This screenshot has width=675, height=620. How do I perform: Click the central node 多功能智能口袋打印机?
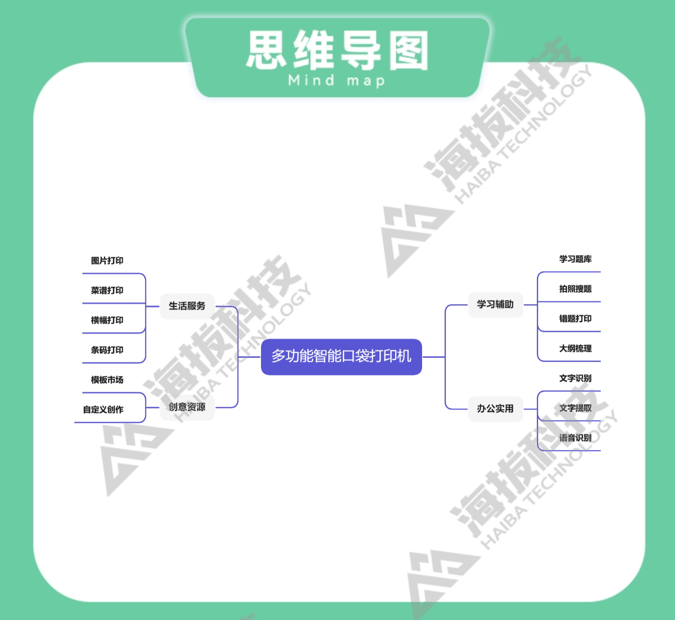click(341, 356)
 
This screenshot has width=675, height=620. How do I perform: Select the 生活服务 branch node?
click(187, 306)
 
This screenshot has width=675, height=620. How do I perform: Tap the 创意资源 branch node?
click(187, 407)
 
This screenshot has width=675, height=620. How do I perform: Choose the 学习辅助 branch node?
click(495, 305)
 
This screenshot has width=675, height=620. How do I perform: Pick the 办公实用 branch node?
click(495, 409)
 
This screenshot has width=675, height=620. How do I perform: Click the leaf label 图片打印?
click(107, 260)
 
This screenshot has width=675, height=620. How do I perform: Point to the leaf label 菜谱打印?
click(107, 290)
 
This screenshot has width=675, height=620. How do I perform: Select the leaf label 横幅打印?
click(107, 320)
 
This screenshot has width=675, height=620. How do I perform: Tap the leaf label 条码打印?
click(107, 350)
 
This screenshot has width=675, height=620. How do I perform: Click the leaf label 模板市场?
click(107, 380)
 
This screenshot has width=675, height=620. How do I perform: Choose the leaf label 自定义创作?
click(103, 410)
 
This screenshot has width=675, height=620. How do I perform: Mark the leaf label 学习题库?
click(575, 259)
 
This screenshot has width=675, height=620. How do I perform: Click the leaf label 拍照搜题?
click(575, 289)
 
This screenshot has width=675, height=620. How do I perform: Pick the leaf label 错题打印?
click(575, 319)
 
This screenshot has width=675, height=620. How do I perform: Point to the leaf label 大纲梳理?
click(575, 348)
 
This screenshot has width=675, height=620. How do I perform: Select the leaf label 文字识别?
click(575, 378)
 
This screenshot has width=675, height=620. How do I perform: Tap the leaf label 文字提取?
click(575, 408)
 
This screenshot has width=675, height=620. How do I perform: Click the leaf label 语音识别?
click(575, 438)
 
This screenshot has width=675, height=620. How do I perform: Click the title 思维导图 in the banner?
click(337, 50)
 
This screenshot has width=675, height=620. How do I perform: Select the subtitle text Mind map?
click(337, 81)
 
